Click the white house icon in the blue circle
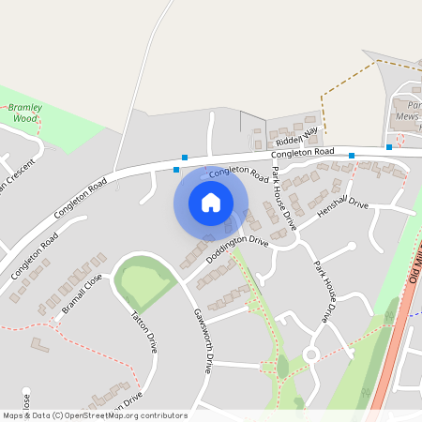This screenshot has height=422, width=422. [x=211, y=202]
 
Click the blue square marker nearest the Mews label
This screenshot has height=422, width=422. [x=388, y=147]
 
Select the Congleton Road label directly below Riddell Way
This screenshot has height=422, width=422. [x=302, y=152]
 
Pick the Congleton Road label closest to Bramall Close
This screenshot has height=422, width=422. [x=35, y=256]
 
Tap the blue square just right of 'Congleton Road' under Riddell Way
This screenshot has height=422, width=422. [x=352, y=156]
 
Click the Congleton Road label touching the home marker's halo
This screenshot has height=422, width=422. [x=238, y=174]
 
